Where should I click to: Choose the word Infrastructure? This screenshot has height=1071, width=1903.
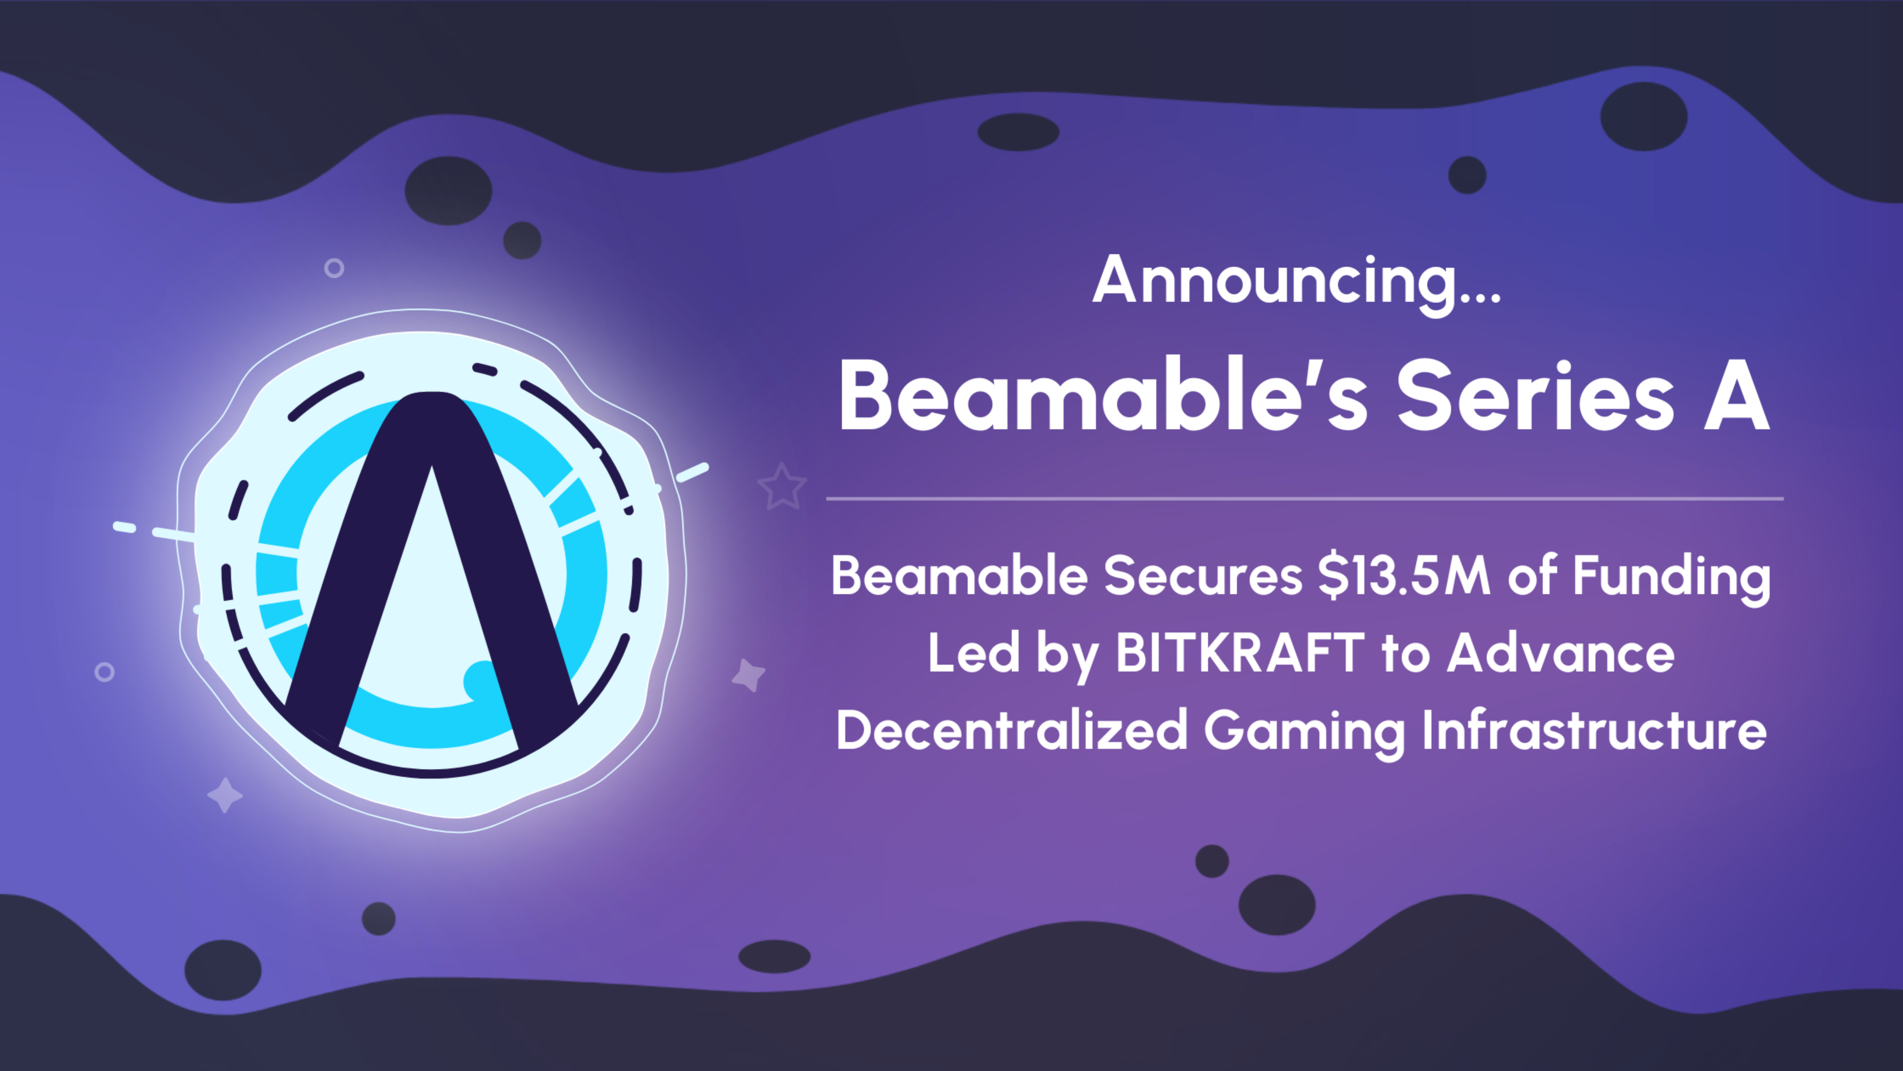point(1594,730)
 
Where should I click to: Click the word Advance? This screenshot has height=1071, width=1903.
point(1560,653)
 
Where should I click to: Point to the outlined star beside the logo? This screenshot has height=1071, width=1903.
point(781,487)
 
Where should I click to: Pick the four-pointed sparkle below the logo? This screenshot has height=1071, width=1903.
point(225,795)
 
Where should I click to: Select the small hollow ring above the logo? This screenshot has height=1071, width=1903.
point(334,268)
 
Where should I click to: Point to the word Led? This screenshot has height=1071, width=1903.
point(974,653)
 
